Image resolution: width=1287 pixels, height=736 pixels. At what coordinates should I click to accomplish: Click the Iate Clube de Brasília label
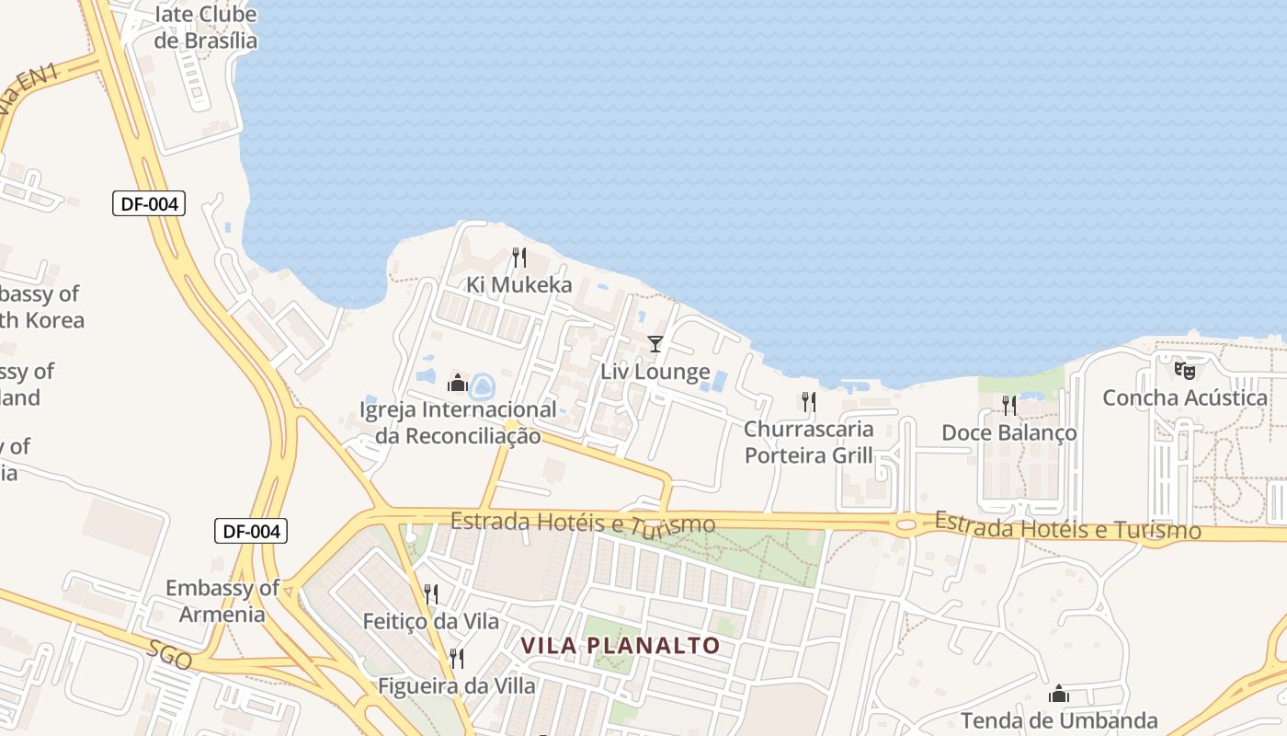(x=205, y=28)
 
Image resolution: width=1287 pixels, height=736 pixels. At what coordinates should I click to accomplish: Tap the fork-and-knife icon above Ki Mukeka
(x=519, y=257)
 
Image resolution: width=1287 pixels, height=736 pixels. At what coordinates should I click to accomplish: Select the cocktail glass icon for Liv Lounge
(x=655, y=344)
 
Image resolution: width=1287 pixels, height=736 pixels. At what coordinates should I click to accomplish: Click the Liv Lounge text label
(x=655, y=372)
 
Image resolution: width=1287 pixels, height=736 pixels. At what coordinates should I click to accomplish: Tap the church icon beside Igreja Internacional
(x=458, y=382)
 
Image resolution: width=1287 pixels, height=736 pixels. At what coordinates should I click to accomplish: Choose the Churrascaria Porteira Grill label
(x=809, y=442)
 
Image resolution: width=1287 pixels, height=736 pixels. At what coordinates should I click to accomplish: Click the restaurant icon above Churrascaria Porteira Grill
(x=808, y=401)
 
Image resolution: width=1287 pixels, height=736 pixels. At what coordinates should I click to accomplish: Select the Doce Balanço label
(x=1008, y=432)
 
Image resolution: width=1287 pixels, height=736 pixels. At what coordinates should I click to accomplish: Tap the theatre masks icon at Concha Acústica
(x=1185, y=371)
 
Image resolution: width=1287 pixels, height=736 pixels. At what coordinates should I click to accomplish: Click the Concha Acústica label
(x=1185, y=398)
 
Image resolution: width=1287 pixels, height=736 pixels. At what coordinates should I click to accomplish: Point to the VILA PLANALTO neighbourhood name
(x=621, y=646)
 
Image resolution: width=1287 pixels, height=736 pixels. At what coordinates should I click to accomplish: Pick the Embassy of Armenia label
(x=222, y=601)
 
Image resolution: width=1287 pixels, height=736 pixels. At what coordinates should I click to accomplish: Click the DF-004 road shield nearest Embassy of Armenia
(x=251, y=531)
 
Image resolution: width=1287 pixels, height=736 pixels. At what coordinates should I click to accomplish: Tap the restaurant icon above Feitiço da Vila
(x=430, y=594)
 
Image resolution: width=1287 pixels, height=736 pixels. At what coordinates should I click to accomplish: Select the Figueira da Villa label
(x=457, y=685)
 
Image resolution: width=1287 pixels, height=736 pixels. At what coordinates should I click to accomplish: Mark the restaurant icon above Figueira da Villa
(x=456, y=658)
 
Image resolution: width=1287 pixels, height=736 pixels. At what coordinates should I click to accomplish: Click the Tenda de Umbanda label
(x=1059, y=720)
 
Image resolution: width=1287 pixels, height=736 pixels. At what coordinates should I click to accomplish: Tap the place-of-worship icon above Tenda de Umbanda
(x=1059, y=694)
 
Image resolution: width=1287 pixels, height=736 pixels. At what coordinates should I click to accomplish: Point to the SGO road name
(x=171, y=653)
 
